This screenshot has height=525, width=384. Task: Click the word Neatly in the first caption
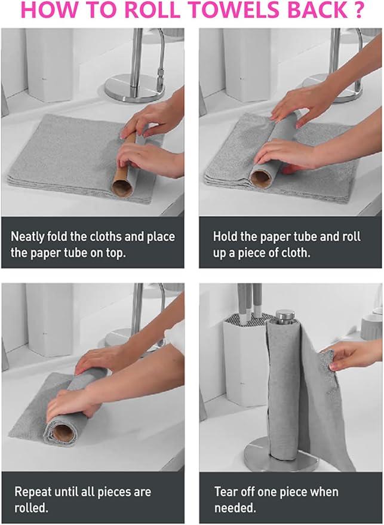tap(30, 237)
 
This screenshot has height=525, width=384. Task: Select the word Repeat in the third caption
tap(33, 493)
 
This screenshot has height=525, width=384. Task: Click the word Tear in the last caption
tap(226, 493)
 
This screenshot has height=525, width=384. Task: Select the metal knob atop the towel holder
tap(285, 316)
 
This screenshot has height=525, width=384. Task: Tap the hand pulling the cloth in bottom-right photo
tap(352, 355)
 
